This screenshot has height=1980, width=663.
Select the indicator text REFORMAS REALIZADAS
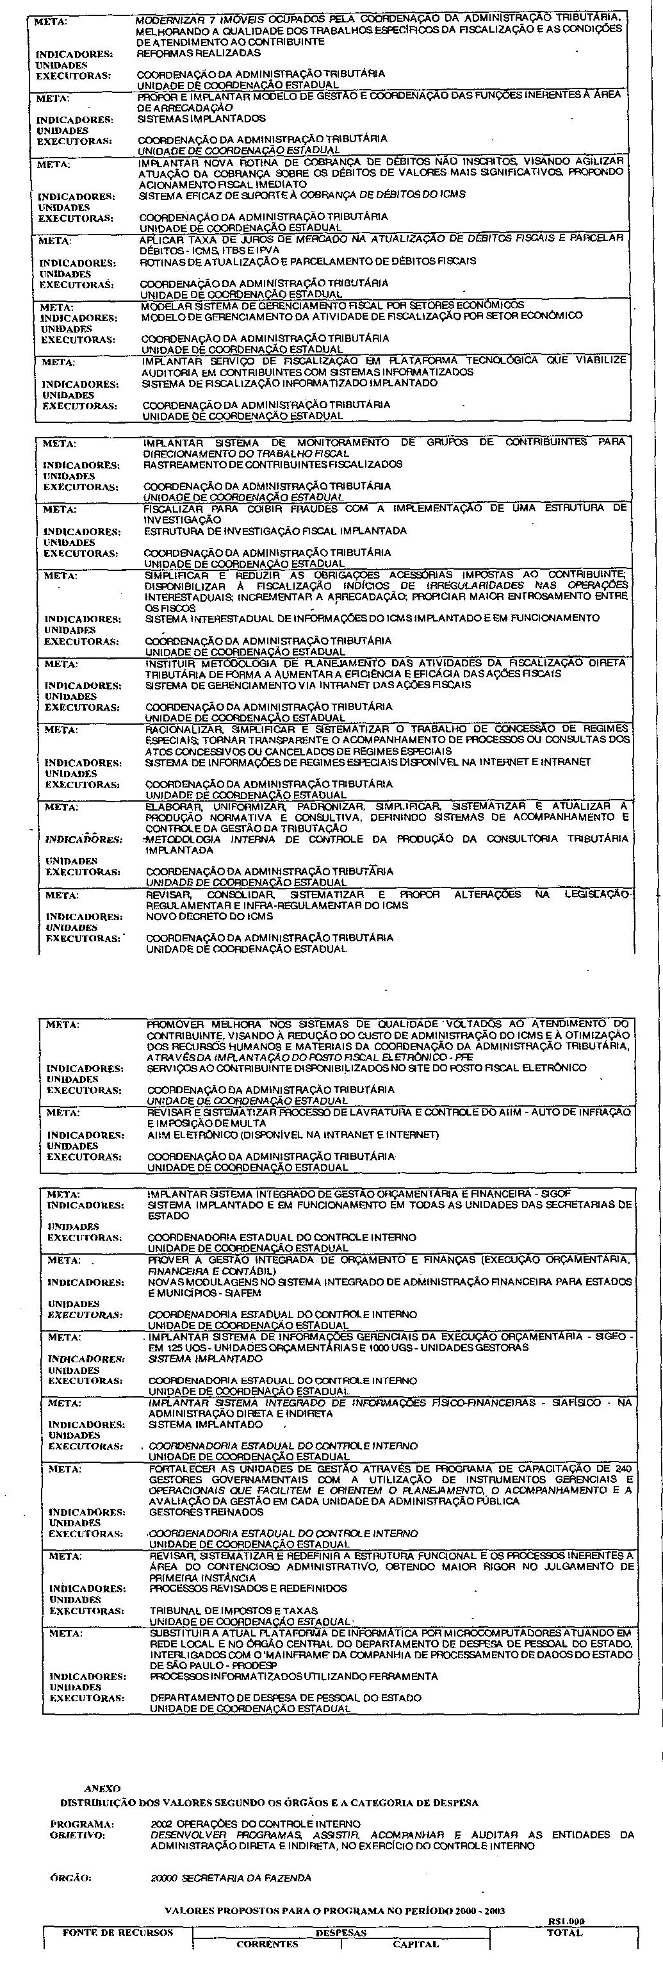click(198, 54)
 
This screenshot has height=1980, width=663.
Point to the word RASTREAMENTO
click(180, 465)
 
